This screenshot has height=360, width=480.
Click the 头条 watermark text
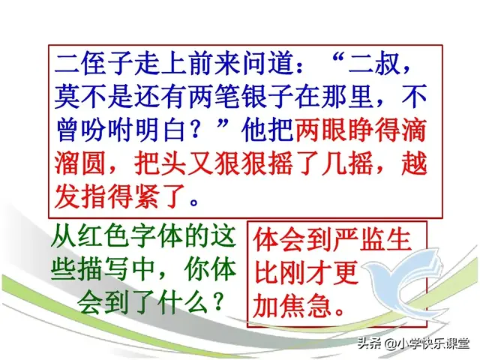point(369,344)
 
